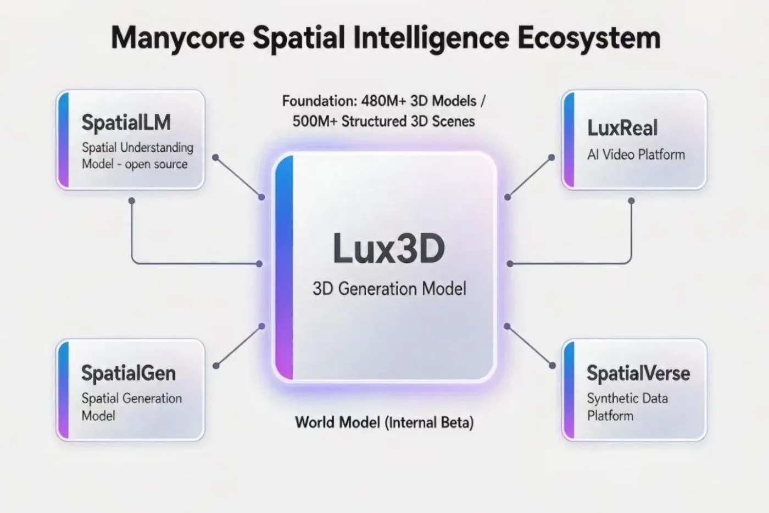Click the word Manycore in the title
click(178, 38)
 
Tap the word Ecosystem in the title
click(589, 38)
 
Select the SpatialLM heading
click(126, 122)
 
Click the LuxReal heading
click(622, 128)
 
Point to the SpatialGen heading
click(129, 373)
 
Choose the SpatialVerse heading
click(638, 373)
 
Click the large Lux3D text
click(389, 249)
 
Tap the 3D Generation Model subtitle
click(389, 288)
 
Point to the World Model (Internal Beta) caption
click(384, 422)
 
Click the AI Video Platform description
click(636, 155)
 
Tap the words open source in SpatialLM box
click(156, 164)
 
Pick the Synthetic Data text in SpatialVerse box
click(627, 399)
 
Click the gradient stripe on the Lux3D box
click(285, 267)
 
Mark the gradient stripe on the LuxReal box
click(569, 140)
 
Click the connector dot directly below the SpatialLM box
click(131, 201)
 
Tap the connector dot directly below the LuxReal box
click(631, 201)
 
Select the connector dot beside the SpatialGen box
click(216, 366)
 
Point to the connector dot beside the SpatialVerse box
click(552, 366)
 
